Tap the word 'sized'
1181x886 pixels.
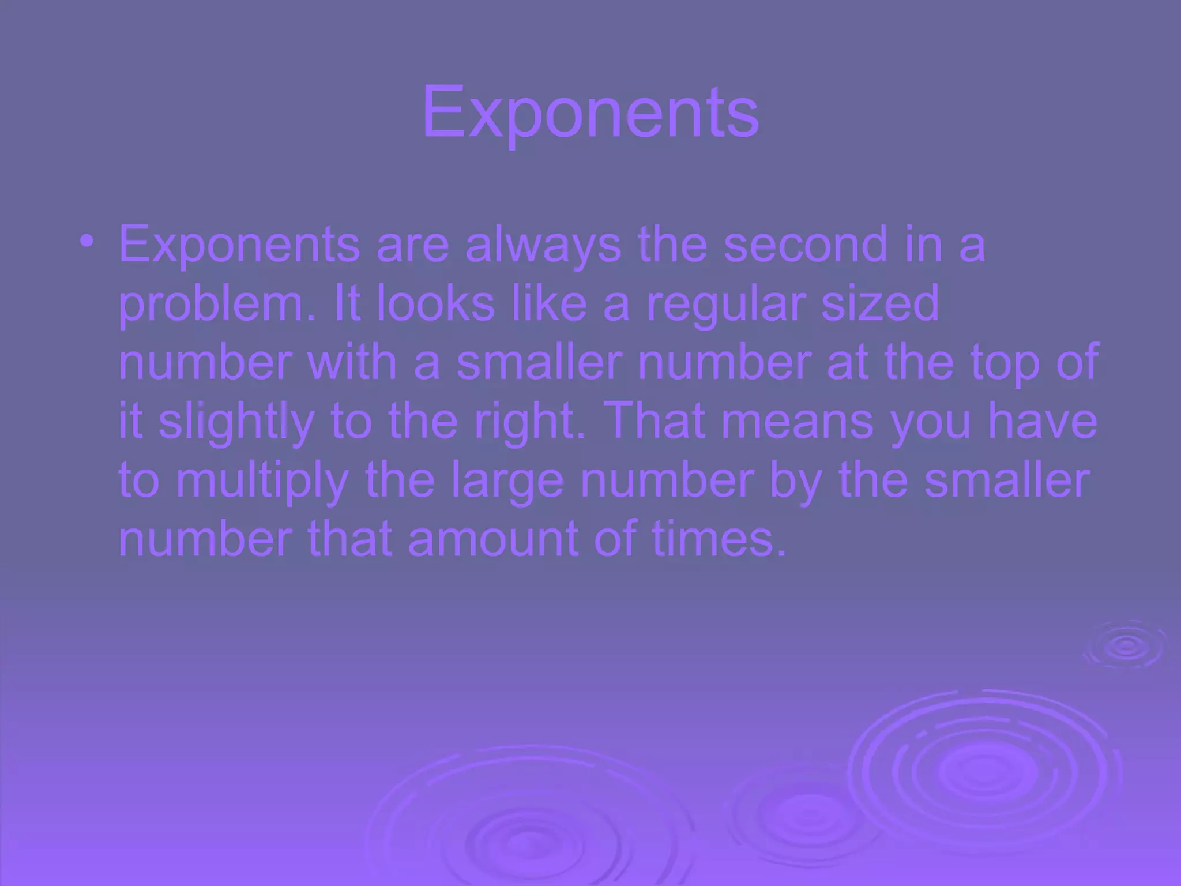(880, 303)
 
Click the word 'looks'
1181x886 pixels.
(435, 303)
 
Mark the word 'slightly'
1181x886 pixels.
(236, 422)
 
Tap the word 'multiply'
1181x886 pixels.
(262, 481)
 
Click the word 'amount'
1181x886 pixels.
(493, 539)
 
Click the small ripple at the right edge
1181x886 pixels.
(1124, 646)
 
